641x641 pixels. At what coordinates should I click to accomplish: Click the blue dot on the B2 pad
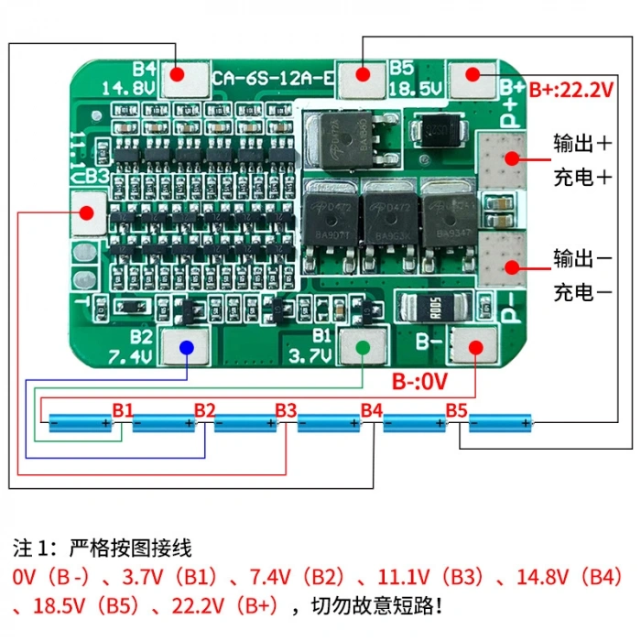[186, 347]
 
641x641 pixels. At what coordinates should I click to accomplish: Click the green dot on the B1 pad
[364, 347]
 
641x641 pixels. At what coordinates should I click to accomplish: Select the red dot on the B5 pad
[364, 73]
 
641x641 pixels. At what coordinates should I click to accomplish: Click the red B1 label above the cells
[123, 409]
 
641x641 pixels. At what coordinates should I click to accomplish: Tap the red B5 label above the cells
[456, 409]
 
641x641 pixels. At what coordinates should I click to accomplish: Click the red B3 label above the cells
[286, 409]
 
